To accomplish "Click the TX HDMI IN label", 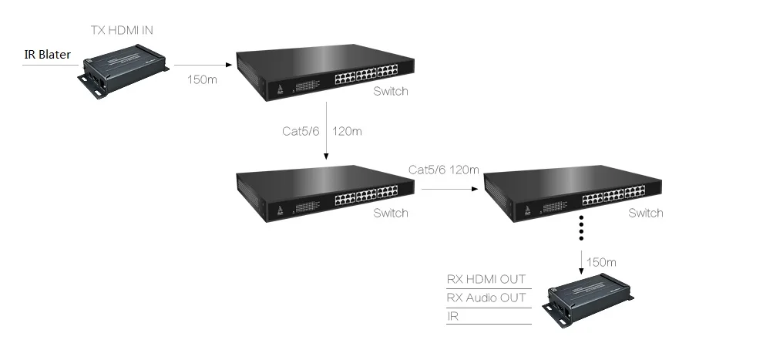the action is pyautogui.click(x=122, y=30).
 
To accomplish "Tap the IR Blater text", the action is pyautogui.click(x=47, y=55).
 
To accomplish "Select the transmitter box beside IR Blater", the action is pyautogui.click(x=123, y=71).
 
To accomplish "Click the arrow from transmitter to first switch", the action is pyautogui.click(x=203, y=65).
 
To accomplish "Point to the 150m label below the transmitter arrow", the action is pyautogui.click(x=202, y=79).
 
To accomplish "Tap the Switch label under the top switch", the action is pyautogui.click(x=390, y=91).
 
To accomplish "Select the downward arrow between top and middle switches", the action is pyautogui.click(x=326, y=130).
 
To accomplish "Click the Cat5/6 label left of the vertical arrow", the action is pyautogui.click(x=301, y=131).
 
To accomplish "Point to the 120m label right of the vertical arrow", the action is pyautogui.click(x=347, y=131).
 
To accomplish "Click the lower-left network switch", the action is pyautogui.click(x=325, y=193).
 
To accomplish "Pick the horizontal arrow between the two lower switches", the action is pyautogui.click(x=450, y=189).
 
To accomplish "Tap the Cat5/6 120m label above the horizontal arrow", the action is pyautogui.click(x=444, y=170).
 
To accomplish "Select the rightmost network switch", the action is pyautogui.click(x=573, y=193).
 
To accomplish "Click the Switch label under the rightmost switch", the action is pyautogui.click(x=645, y=213).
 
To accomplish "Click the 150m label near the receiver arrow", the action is pyautogui.click(x=601, y=263).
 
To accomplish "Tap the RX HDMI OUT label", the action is pyautogui.click(x=486, y=279).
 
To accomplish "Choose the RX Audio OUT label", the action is pyautogui.click(x=486, y=298).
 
